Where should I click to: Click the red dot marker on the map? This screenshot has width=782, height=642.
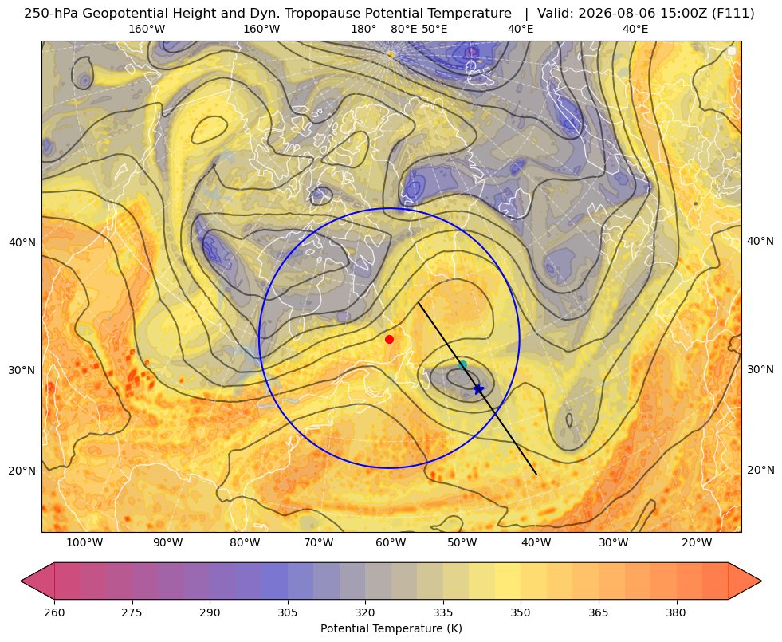pyautogui.click(x=390, y=339)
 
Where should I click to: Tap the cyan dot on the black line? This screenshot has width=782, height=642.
pyautogui.click(x=462, y=364)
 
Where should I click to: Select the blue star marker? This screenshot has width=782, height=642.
pyautogui.click(x=478, y=389)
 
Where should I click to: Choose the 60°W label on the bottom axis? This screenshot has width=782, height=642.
pyautogui.click(x=391, y=543)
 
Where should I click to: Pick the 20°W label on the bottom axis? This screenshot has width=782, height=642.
pyautogui.click(x=697, y=543)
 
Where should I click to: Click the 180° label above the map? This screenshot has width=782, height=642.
pyautogui.click(x=363, y=29)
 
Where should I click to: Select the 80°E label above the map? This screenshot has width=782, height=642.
pyautogui.click(x=403, y=29)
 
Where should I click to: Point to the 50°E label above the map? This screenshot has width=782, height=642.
pyautogui.click(x=434, y=29)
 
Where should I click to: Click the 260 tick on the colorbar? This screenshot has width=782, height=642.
pyautogui.click(x=54, y=613)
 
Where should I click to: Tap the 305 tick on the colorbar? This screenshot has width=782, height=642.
pyautogui.click(x=288, y=613)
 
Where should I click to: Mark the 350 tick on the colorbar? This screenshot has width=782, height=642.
pyautogui.click(x=521, y=613)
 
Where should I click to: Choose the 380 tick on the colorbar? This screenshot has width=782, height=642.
pyautogui.click(x=676, y=613)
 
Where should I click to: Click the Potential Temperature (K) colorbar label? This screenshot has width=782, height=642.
pyautogui.click(x=391, y=628)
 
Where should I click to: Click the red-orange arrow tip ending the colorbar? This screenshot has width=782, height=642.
pyautogui.click(x=761, y=581)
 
